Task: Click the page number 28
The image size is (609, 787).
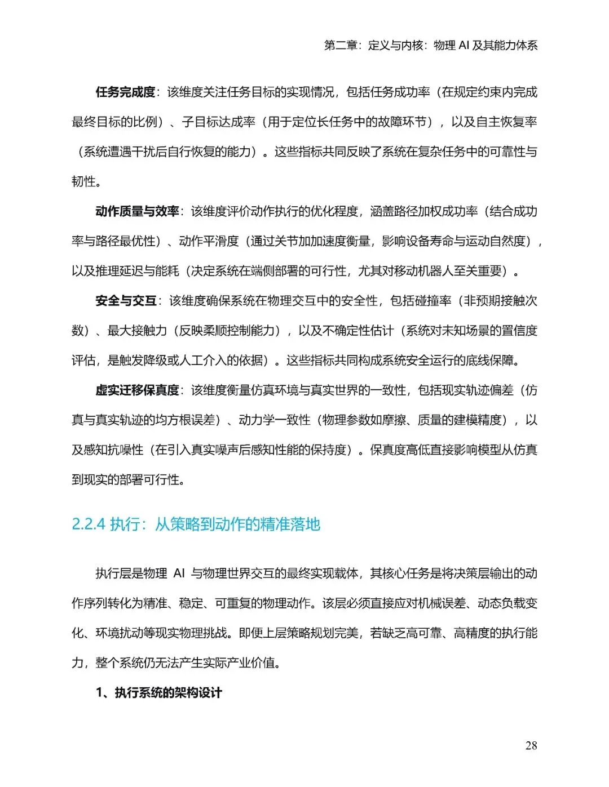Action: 531,745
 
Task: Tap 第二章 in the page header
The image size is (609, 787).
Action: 341,46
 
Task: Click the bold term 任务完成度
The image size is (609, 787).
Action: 125,92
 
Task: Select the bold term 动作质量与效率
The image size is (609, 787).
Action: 137,211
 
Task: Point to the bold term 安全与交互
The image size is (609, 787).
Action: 125,301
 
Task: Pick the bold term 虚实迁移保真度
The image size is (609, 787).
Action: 137,390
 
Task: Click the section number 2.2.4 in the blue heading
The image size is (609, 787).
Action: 89,524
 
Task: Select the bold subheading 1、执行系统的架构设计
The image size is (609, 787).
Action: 159,692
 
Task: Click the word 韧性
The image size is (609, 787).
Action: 83,181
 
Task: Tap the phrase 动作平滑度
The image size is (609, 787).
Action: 209,241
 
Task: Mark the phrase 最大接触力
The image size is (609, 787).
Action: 137,331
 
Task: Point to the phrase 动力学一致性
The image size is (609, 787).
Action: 274,420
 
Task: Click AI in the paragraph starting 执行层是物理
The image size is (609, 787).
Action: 179,573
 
